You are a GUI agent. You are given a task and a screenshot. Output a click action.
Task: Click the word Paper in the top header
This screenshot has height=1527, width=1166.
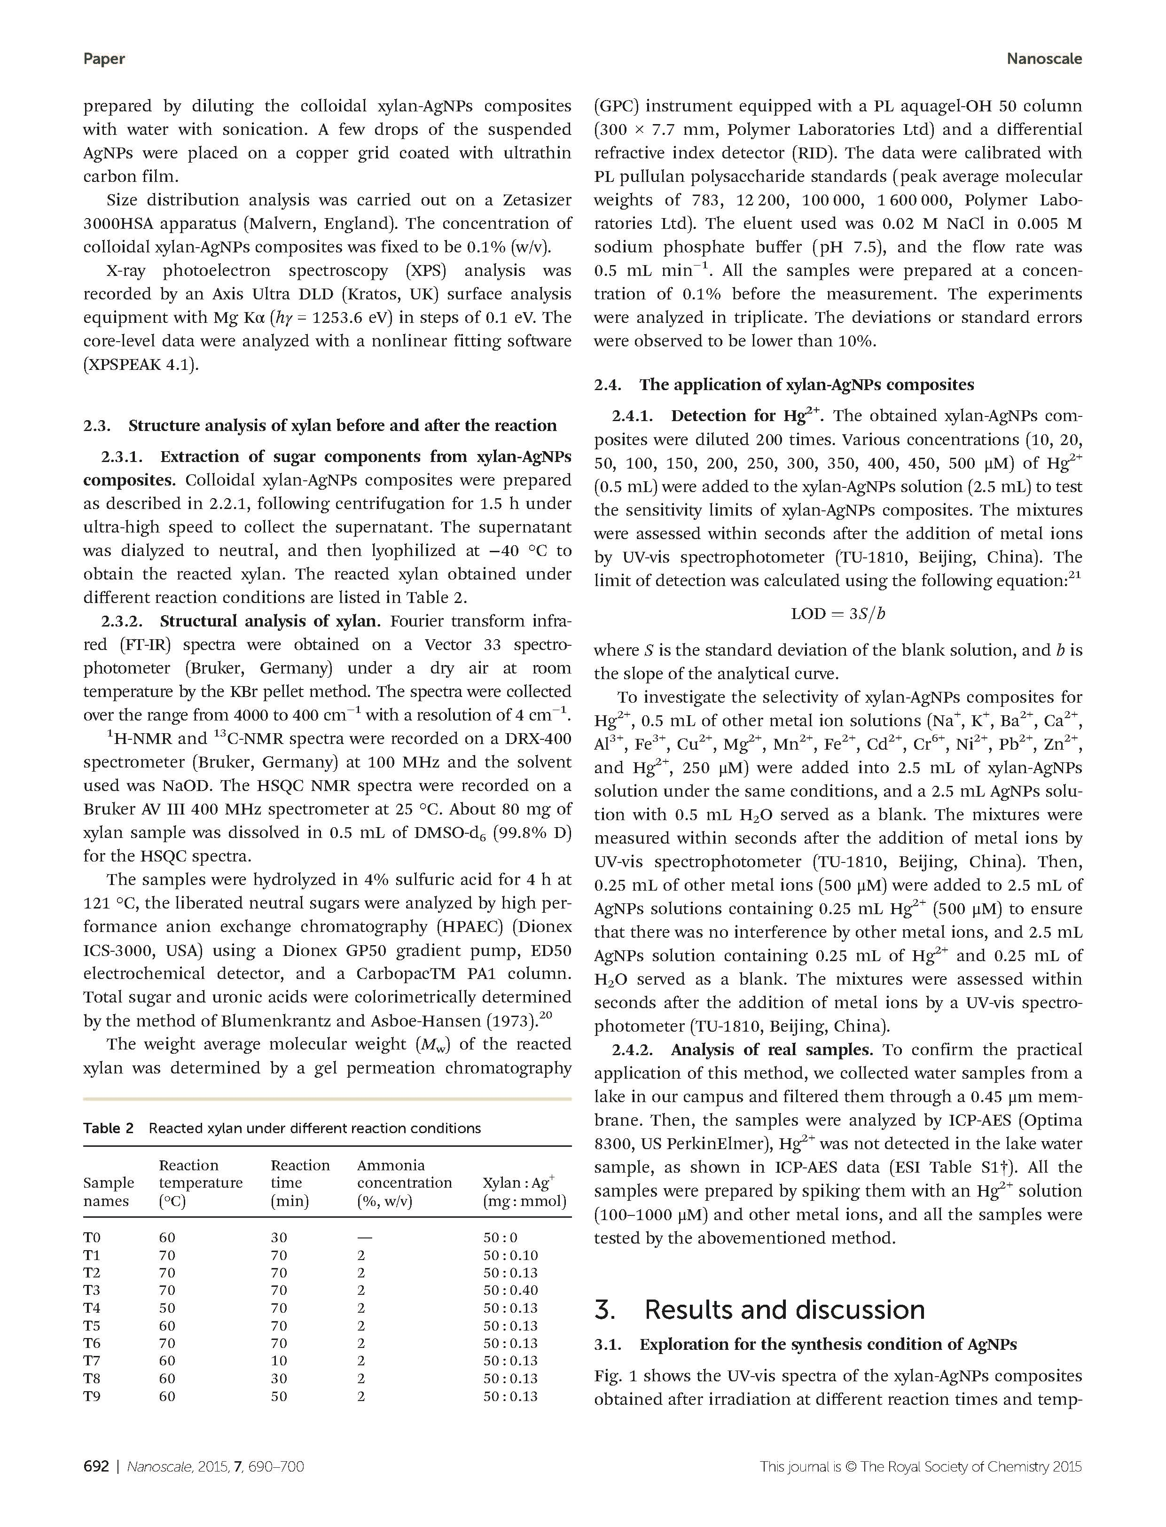pos(104,59)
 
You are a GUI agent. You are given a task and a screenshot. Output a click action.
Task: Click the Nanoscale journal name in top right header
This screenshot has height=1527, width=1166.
pos(1043,59)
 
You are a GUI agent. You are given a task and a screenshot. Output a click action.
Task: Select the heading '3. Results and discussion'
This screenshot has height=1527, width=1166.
pos(760,1310)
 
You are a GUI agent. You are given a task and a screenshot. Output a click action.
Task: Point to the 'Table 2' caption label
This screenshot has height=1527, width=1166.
pos(108,1128)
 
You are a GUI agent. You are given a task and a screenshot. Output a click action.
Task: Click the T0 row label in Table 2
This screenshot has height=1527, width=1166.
pos(92,1237)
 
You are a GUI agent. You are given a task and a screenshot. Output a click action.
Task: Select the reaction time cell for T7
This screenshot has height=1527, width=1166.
pos(279,1361)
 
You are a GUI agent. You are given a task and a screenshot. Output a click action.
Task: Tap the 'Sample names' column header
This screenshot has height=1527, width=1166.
pos(108,1192)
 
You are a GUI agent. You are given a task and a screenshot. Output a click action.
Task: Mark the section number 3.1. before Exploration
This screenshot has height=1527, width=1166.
pos(611,1345)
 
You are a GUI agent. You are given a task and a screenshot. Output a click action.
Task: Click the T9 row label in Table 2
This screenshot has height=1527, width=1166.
pos(92,1396)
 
